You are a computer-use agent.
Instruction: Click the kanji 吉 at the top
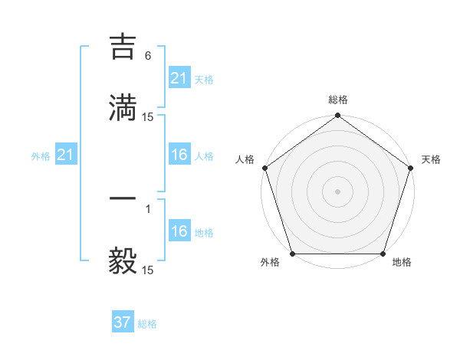[123, 47]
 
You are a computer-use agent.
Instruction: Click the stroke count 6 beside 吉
[148, 55]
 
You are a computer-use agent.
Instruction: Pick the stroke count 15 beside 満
[148, 116]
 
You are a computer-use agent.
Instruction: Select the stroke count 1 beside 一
[148, 208]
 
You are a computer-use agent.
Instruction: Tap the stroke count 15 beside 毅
[148, 270]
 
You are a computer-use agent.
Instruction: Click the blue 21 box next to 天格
[179, 78]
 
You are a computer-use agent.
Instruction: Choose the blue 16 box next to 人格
[179, 155]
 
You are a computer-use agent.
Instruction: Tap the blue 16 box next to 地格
[179, 231]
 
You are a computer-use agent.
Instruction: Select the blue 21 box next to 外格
[65, 155]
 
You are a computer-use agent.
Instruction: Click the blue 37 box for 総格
[122, 322]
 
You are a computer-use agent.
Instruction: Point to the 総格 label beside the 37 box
[147, 324]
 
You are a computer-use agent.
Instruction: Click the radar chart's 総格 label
[337, 100]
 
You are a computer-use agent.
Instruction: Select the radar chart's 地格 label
[402, 263]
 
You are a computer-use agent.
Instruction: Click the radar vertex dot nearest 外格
[292, 254]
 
